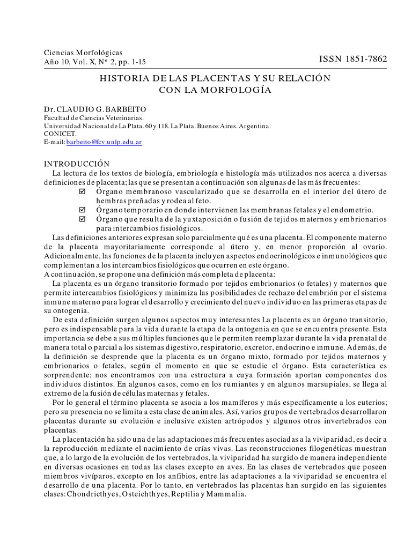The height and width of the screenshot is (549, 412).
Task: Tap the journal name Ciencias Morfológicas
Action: click(83, 53)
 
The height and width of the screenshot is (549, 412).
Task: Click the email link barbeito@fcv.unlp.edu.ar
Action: click(104, 143)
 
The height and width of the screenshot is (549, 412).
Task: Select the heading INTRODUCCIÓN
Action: click(77, 164)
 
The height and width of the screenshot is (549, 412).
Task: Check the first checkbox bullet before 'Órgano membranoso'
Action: click(82, 191)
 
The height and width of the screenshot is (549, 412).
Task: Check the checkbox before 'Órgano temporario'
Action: click(82, 210)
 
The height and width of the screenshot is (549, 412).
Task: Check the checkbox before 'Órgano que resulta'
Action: click(82, 219)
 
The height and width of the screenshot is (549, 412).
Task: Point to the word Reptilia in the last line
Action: click(185, 494)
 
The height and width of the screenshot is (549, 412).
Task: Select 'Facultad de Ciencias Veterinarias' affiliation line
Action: click(93, 118)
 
